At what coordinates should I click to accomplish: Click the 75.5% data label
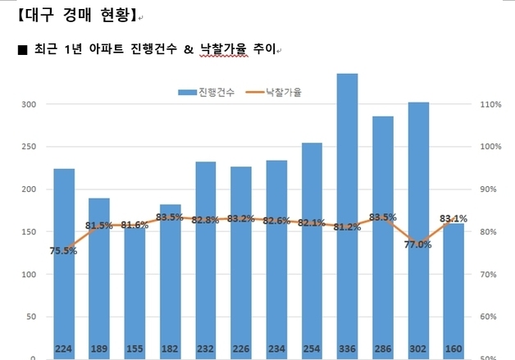point(63,251)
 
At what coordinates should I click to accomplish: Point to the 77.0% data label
point(418,244)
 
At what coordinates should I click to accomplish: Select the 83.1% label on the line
point(453,218)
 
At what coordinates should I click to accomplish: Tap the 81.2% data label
point(347,227)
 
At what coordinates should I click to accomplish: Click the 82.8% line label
point(205,220)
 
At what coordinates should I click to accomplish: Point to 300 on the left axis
point(30,104)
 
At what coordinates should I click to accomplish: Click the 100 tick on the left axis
point(30,274)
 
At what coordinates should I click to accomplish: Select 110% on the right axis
point(489,104)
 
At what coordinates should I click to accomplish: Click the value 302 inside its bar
point(418,349)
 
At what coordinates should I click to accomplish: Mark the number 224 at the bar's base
point(63,349)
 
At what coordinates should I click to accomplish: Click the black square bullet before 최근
point(22,50)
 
